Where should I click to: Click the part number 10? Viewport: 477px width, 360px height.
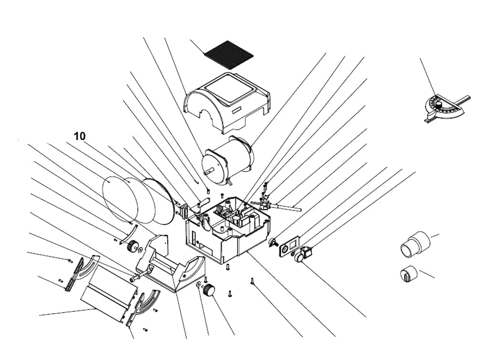80,136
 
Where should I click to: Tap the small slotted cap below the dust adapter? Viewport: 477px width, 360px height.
408,274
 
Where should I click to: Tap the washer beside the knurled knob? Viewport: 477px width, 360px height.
198,284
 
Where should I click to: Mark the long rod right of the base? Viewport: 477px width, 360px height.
286,206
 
